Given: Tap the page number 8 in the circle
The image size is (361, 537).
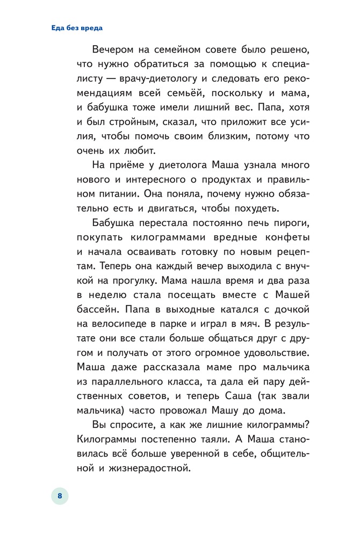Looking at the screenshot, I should (x=60, y=496).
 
